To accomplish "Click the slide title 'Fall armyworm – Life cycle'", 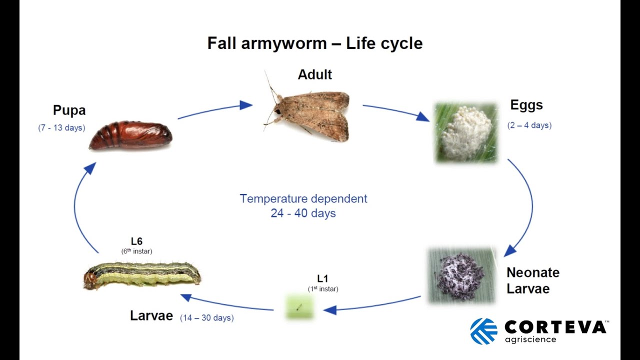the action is (315, 43).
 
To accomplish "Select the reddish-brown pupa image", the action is (130, 135).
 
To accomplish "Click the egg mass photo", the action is (466, 133).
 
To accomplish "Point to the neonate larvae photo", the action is (461, 275).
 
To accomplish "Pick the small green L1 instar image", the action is (299, 307).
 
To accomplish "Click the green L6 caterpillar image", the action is (142, 274).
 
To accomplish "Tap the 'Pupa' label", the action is (69, 110).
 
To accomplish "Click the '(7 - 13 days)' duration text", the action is (61, 128).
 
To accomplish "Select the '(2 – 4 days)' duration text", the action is (529, 125).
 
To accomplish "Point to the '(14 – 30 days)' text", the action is (207, 317).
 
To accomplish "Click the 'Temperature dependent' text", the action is (303, 198).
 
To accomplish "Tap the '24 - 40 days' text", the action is (303, 213).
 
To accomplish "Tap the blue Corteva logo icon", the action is (483, 331).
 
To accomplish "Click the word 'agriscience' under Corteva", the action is (530, 340).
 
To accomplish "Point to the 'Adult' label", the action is (314, 74).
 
